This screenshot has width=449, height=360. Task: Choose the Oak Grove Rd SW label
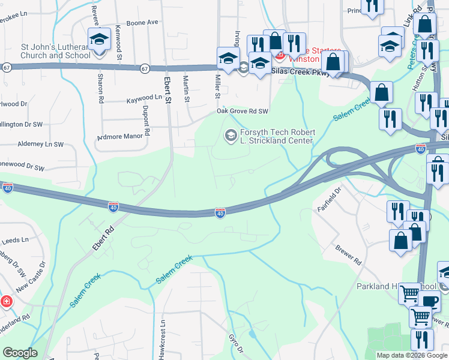point(242,112)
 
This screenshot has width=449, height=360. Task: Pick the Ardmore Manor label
point(122,136)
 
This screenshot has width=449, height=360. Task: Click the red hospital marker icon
point(5,301)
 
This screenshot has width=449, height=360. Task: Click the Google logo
point(20,353)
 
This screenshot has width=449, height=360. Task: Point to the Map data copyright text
point(411,355)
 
